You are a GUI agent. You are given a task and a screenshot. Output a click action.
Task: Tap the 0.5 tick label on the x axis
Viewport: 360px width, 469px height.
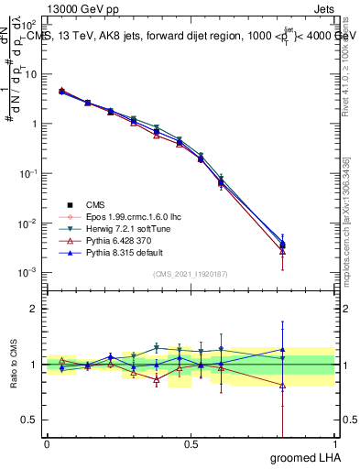191,443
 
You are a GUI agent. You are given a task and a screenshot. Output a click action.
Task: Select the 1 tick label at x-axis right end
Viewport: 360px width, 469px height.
333,443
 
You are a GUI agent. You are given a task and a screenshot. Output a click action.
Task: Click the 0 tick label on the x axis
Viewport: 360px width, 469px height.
47,443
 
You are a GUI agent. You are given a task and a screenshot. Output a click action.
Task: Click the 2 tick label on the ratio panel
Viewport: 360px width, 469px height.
34,309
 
